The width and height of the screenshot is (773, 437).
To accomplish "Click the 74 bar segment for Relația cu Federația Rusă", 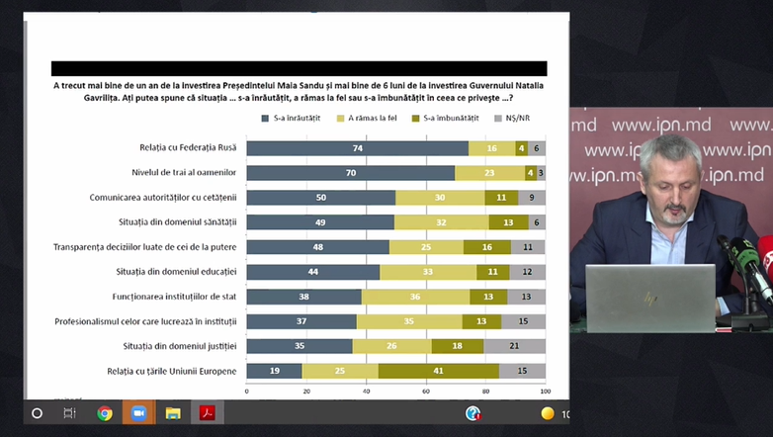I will pos(357,148).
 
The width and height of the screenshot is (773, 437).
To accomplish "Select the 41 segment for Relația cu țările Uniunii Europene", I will pos(438,371).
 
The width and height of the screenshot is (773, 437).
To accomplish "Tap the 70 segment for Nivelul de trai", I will pos(351,173).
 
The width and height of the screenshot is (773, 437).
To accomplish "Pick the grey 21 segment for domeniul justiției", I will pos(514,346).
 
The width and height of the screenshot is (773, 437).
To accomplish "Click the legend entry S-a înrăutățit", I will pos(294,119).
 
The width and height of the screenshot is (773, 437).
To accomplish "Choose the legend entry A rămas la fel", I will pos(370,119).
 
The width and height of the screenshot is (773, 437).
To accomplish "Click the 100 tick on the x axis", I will pos(546,392).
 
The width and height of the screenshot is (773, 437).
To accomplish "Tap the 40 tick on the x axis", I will pos(366,392).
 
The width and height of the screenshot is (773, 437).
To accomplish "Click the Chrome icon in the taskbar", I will pos(105,413).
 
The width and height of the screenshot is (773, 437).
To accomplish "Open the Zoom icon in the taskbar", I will pos(138,413).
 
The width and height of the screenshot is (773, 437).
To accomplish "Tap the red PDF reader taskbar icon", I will pos(208,413).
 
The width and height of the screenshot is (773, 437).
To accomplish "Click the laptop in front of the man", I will pos(649,297).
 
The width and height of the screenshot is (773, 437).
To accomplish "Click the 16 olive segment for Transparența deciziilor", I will pos(486,247).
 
